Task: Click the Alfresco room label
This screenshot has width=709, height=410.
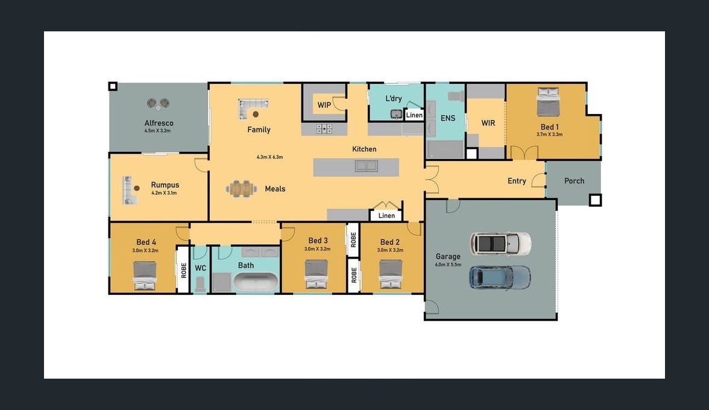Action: [x=159, y=123]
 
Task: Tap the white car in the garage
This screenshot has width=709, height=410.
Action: [x=500, y=244]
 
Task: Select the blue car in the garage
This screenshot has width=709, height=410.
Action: [x=500, y=277]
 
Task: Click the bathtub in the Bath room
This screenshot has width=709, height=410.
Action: [x=256, y=282]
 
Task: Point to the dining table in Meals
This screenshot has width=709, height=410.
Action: [x=241, y=189]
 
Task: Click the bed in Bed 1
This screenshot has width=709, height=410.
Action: [x=548, y=102]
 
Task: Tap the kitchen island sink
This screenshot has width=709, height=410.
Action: [x=367, y=166]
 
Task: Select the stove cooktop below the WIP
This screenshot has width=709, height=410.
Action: [x=324, y=129]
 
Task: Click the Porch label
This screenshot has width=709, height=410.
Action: [x=574, y=181]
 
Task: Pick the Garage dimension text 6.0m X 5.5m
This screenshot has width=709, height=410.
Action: [x=448, y=265]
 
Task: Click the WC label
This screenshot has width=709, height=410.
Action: [x=200, y=268]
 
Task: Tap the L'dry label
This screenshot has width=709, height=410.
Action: [x=393, y=98]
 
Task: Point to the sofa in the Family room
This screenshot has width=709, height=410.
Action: [x=252, y=109]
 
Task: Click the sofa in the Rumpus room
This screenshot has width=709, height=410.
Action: [x=129, y=191]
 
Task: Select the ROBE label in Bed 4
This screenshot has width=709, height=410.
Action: [x=183, y=270]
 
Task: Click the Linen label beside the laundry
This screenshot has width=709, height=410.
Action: [x=414, y=115]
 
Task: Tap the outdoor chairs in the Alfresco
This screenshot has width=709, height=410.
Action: [x=158, y=104]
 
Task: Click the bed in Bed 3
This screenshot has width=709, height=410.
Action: [x=316, y=274]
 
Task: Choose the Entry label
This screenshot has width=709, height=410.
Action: [x=517, y=181]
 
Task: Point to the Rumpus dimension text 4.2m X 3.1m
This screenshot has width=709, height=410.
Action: [x=164, y=193]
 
